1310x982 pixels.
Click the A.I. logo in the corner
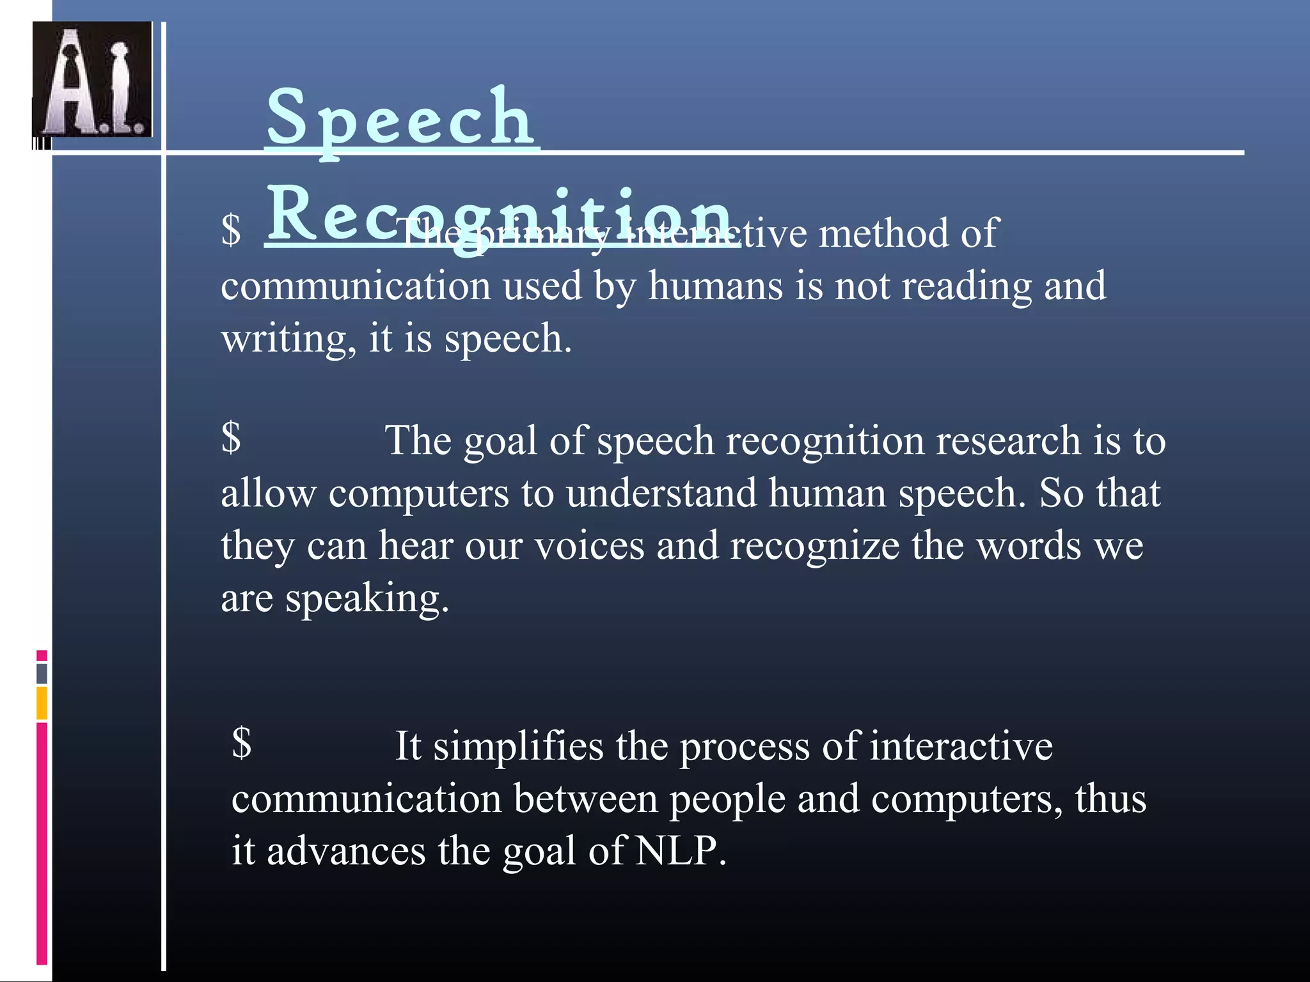92,79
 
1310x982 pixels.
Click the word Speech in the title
400,118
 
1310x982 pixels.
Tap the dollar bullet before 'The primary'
231,230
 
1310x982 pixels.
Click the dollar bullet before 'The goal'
231,438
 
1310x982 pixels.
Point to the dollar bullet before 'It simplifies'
242,743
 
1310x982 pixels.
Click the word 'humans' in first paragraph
715,285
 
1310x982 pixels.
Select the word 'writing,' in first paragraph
288,338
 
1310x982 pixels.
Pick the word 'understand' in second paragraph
661,494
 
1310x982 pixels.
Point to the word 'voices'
589,546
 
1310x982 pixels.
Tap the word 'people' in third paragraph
727,799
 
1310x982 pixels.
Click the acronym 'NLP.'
681,851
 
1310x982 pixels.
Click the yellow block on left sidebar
42,703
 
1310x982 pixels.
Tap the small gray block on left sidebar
42,673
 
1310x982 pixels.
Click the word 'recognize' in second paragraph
814,546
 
